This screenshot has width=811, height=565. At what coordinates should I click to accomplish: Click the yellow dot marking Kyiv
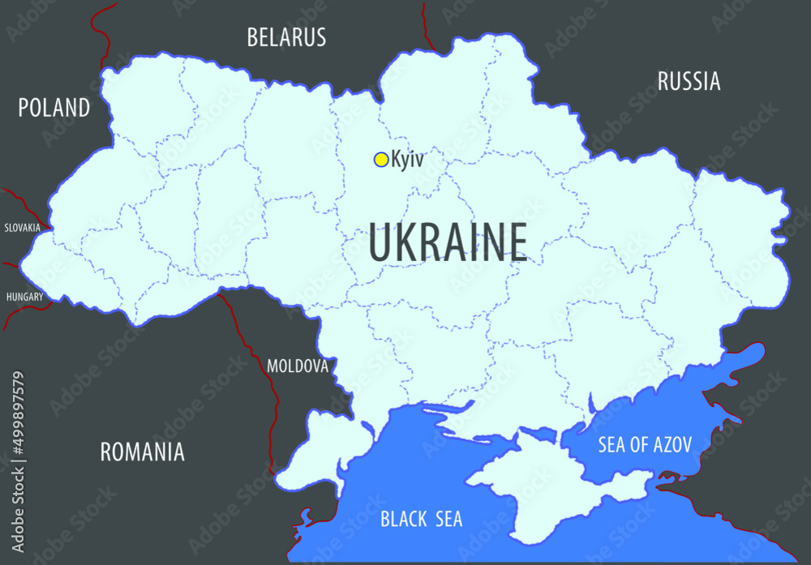tap(380, 160)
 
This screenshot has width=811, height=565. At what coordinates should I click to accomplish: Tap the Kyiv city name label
tap(407, 160)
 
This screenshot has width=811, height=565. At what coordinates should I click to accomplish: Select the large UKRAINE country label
tap(448, 242)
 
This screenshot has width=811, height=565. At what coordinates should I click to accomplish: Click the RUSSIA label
tap(689, 81)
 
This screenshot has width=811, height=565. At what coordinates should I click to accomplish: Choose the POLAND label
tap(54, 107)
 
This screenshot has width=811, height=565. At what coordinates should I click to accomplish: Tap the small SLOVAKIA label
tap(22, 228)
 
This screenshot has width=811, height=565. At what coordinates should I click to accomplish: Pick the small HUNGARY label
tap(24, 297)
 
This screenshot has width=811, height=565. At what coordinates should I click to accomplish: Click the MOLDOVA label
tap(297, 366)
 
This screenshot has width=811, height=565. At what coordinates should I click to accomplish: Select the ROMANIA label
tap(142, 452)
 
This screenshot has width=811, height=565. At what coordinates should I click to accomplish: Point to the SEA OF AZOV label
tap(645, 444)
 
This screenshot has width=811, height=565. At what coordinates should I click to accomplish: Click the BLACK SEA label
tap(421, 519)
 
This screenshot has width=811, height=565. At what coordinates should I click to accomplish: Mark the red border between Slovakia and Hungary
tap(10, 264)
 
